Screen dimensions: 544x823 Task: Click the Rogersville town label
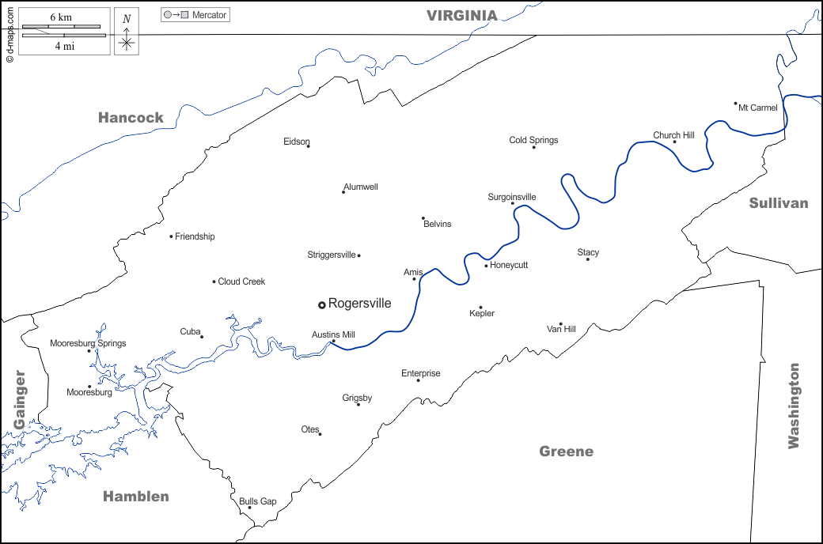coord(359,304)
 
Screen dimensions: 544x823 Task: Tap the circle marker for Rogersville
coord(322,304)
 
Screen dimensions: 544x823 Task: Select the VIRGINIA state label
coord(462,15)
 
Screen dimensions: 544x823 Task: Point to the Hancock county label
coord(131,118)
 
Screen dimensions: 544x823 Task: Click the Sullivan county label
coord(779,203)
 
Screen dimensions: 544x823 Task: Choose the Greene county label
coord(566,451)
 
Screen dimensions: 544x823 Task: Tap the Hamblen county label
coord(136,497)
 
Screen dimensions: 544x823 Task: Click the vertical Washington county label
coord(794,406)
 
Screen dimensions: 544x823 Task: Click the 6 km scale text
coord(62,17)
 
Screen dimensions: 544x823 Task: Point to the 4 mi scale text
coord(65,46)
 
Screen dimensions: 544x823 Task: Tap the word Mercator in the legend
coord(209,15)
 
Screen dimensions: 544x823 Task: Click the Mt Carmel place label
coord(758,108)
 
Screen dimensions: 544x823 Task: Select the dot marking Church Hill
coord(674,142)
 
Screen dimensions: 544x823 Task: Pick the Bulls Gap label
coord(258,501)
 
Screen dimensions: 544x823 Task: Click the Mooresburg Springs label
coord(88,343)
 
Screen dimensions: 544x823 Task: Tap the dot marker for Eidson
coord(308,146)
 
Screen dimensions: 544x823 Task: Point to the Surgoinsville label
coord(512,197)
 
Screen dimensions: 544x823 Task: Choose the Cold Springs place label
coord(533,140)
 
